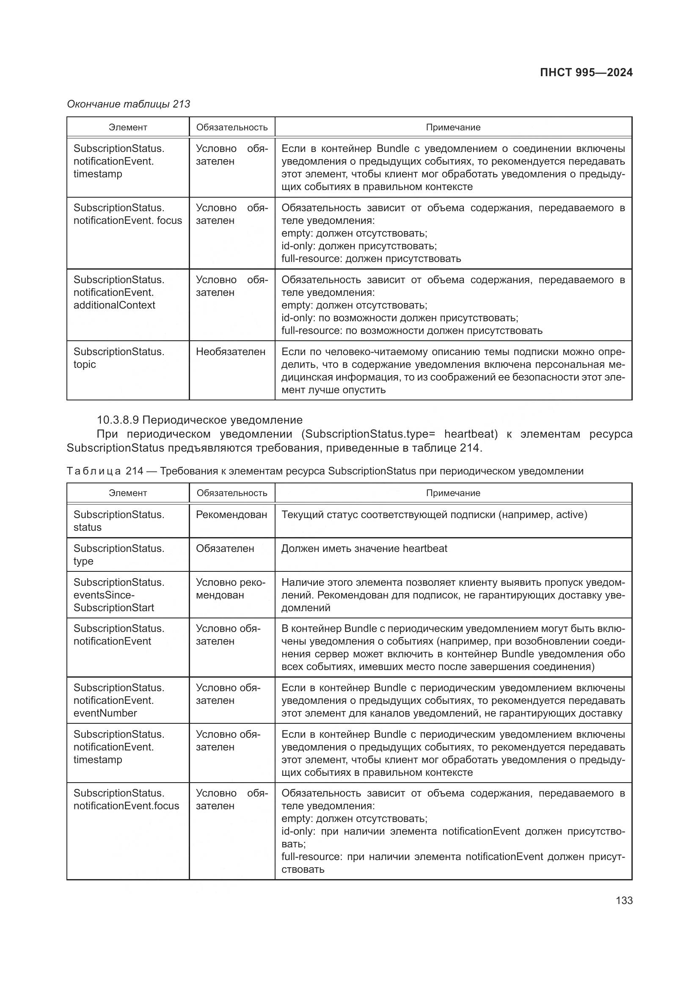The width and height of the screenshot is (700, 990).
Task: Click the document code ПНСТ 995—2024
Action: [586, 72]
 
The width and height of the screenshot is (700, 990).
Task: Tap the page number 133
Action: [624, 900]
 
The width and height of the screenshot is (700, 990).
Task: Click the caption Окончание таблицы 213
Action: [129, 104]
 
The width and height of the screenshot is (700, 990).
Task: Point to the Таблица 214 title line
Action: [325, 471]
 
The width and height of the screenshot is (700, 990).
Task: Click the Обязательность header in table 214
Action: [232, 493]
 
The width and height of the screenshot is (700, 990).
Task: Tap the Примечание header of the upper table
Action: [453, 127]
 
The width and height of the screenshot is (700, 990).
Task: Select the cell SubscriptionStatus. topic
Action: [119, 358]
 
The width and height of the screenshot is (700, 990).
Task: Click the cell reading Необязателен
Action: [231, 352]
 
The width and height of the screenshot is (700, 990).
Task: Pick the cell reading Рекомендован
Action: [231, 514]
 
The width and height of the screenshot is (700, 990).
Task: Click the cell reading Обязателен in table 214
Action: [225, 549]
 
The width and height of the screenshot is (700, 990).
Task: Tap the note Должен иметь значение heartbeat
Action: [364, 549]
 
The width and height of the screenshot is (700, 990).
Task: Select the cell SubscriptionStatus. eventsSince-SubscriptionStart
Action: [119, 595]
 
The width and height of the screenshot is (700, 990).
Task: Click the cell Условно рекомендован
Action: [231, 589]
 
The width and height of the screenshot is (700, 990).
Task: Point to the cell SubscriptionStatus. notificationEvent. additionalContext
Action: [119, 292]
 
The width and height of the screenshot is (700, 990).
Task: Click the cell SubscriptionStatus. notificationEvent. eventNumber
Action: [119, 700]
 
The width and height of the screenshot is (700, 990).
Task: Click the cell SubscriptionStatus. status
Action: [119, 521]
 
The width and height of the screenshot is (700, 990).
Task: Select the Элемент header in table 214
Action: [127, 493]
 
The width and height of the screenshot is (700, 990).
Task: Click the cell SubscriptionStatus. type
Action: [119, 555]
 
